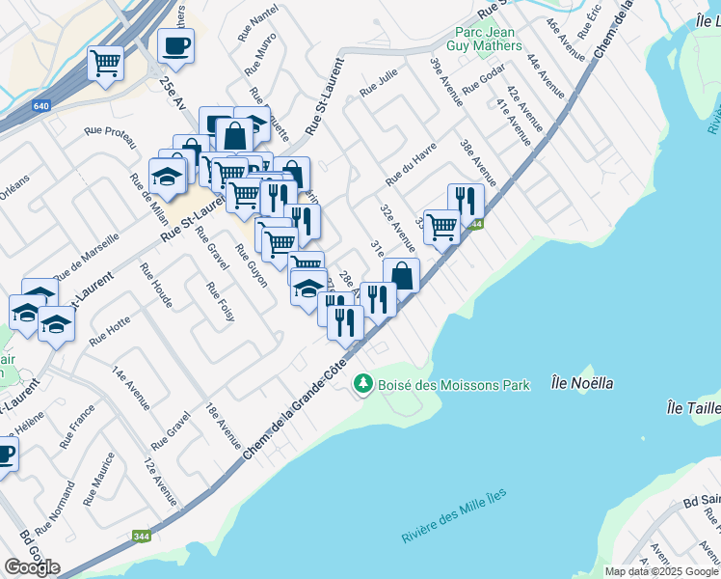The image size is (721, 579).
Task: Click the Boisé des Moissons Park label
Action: tap(453, 385)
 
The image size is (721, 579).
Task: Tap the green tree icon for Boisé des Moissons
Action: tap(362, 384)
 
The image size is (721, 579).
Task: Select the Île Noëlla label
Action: tap(583, 383)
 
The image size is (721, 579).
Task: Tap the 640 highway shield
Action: tap(40, 107)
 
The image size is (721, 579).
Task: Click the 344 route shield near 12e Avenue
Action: tap(142, 537)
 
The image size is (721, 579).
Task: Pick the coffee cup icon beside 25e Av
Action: tap(175, 45)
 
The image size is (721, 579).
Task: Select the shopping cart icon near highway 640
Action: tap(105, 64)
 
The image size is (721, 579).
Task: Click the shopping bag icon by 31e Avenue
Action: tap(401, 275)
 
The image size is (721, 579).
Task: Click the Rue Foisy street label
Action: tap(220, 306)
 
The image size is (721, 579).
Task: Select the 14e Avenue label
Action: tap(130, 388)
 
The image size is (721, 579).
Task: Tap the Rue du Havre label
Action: tap(412, 164)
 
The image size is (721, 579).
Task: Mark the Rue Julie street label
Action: tap(379, 88)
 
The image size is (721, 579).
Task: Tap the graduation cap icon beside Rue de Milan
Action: tap(168, 176)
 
